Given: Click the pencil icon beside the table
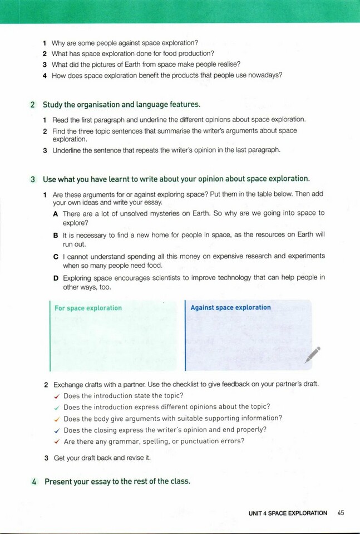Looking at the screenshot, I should point(313,355).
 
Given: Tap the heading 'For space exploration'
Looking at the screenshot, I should point(88,308).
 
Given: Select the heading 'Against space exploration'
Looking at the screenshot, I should point(230,307).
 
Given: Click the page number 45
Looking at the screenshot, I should point(341,513).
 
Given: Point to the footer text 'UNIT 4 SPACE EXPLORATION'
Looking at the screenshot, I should point(288,513).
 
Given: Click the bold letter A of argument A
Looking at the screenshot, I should point(56,214).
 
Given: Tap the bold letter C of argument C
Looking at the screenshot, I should point(56,257).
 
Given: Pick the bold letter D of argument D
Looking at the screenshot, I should point(56,278).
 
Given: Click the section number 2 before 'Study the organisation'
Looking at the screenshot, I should point(33,105).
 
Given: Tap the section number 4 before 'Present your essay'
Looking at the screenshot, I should point(34,482).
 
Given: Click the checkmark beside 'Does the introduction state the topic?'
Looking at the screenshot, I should point(57,396).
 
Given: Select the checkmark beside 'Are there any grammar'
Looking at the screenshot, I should point(57,442).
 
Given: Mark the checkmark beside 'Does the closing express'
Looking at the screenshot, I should point(57,430).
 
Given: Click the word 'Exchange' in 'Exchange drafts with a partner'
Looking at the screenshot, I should point(67,385).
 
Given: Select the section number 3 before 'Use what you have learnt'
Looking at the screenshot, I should point(33,179).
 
